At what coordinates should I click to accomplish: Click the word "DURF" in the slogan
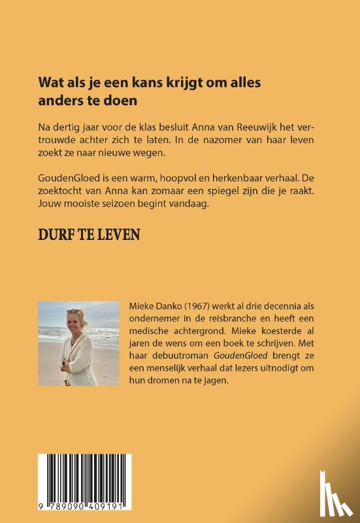[57, 234]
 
